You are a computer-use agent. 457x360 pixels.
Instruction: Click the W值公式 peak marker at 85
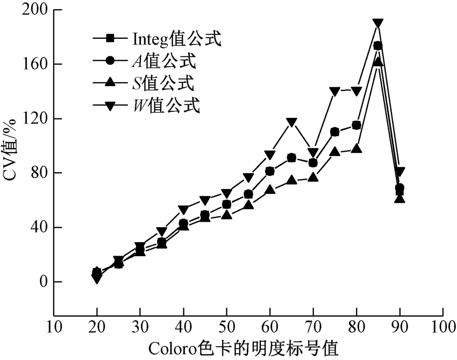(378, 23)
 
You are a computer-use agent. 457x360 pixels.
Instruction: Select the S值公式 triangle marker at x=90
(399, 199)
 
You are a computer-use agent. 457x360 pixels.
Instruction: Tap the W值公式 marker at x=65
(291, 122)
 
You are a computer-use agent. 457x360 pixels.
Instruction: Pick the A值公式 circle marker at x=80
(356, 125)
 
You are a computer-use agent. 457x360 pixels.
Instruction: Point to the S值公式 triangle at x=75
(334, 152)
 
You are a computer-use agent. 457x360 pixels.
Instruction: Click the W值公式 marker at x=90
(399, 172)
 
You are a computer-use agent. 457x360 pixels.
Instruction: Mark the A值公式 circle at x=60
(270, 171)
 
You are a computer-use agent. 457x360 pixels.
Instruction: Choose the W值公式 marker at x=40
(183, 209)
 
